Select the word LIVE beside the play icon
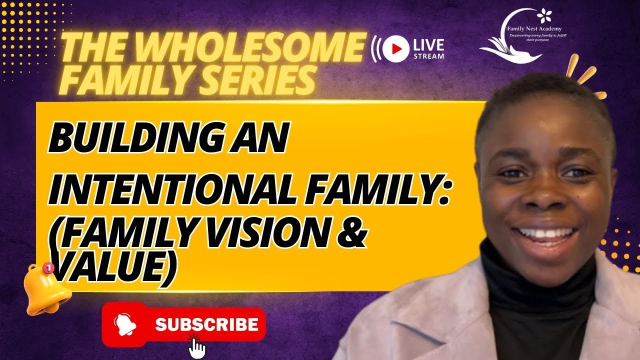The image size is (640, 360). coord(428,43)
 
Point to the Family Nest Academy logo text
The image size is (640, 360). coord(534,28)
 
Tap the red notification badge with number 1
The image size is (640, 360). coord(48,268)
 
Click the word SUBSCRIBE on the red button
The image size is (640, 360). coord(206,324)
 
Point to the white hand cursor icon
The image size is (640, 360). coord(197,347)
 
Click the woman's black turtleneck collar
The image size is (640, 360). coord(530,270)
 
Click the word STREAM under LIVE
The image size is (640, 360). coord(428,56)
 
